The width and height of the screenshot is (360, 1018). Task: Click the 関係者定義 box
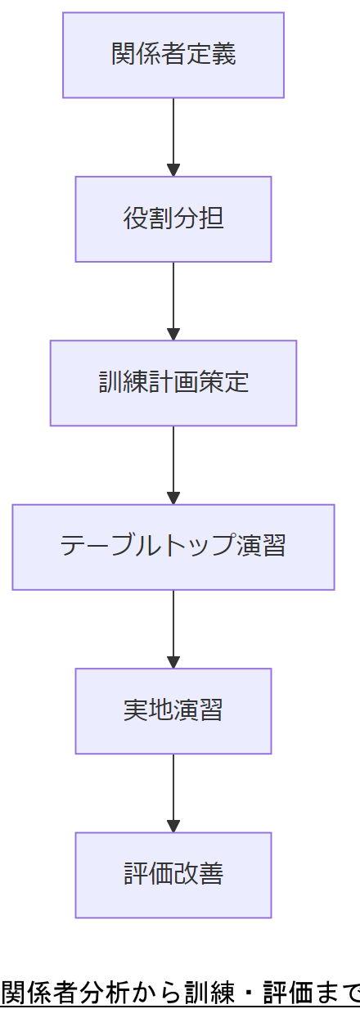point(173,55)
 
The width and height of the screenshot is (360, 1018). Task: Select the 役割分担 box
point(173,218)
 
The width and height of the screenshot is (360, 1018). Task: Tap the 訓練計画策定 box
point(173,383)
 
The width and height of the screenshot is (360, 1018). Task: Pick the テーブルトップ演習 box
point(173,547)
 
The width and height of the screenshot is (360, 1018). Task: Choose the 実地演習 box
point(173,710)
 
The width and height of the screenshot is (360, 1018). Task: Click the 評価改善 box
point(173,875)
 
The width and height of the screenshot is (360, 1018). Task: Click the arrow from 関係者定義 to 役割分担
point(173,135)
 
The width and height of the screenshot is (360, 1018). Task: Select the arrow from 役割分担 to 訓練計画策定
point(173,299)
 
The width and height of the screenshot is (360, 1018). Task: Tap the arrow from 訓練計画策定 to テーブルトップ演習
point(173,462)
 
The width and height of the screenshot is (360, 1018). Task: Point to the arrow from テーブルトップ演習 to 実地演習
point(173,626)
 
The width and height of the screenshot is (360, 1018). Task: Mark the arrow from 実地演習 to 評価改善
point(173,791)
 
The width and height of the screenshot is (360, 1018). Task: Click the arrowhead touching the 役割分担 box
point(173,170)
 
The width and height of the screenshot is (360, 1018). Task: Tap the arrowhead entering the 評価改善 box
point(173,827)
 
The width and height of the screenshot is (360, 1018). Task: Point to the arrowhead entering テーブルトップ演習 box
point(173,498)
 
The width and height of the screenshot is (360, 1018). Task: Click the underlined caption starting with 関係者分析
point(180,993)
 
